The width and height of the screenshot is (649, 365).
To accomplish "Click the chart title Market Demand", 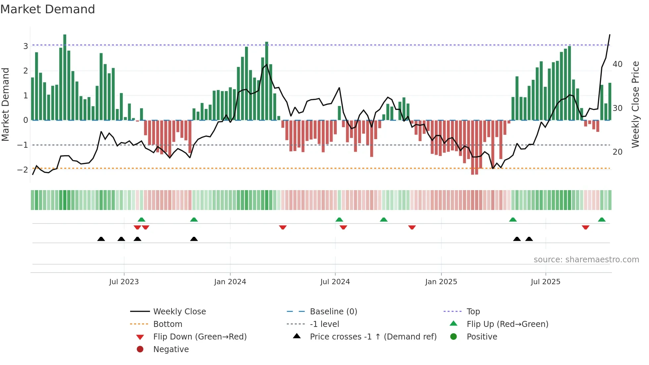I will tap(48, 9).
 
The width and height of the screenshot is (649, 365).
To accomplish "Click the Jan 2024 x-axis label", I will tap(230, 282).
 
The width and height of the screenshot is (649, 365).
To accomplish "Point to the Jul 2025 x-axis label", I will tap(545, 282).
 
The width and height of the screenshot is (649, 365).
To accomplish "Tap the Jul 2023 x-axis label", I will tap(124, 282).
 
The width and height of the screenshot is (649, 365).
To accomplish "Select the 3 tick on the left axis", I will tap(25, 46).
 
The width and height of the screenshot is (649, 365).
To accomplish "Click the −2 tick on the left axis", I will tap(23, 170).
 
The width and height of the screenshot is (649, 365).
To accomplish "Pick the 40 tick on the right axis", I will tap(617, 64).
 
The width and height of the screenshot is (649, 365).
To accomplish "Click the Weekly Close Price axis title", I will tap(635, 104).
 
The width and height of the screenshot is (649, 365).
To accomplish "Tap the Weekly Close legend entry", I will tap(179, 312).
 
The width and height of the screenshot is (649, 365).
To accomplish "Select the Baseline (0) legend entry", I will tap(333, 312).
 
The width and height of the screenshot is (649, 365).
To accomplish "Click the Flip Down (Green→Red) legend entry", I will tap(200, 337).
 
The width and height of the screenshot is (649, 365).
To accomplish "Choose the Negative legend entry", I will tap(171, 349).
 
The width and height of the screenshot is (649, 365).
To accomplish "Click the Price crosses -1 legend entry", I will tap(373, 337).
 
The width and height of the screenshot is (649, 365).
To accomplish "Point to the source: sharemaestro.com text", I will tap(586, 260).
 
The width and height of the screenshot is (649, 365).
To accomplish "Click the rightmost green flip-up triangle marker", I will tap(602, 220).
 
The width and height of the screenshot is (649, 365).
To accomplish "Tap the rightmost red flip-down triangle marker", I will tap(585, 227).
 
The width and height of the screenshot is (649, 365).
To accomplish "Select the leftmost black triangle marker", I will tap(101, 239).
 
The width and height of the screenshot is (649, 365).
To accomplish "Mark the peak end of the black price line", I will tap(610, 35).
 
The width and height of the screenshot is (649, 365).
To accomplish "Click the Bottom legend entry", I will tap(168, 324).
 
